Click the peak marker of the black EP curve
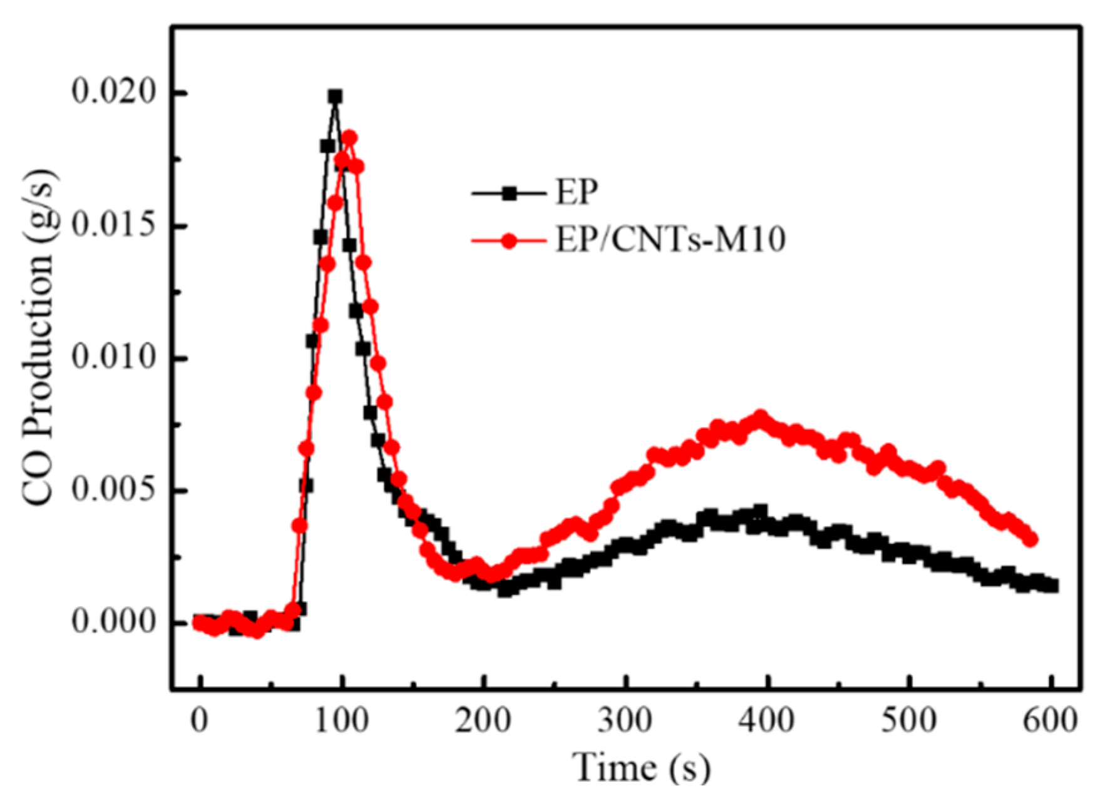(x=336, y=96)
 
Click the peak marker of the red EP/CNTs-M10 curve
(x=349, y=138)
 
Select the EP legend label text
(x=577, y=192)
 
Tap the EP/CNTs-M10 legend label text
(x=670, y=240)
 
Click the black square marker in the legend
(x=509, y=193)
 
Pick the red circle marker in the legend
(x=509, y=241)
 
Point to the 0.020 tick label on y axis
(x=113, y=92)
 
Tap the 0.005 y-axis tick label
(x=113, y=490)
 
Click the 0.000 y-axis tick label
(x=113, y=622)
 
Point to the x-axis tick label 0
(x=199, y=721)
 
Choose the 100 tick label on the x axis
(x=341, y=721)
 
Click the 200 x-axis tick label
(x=483, y=721)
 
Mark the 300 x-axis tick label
(x=625, y=721)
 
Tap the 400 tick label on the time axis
(x=766, y=721)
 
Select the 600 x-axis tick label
(x=1050, y=721)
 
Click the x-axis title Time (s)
(x=642, y=767)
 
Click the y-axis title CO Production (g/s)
(x=39, y=338)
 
